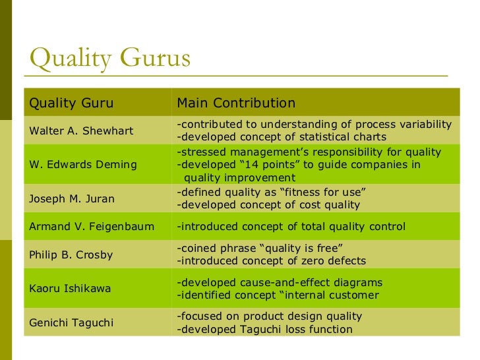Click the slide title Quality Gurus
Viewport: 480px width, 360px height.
(110, 59)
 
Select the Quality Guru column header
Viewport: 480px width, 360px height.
(71, 103)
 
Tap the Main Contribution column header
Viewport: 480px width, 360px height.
(236, 103)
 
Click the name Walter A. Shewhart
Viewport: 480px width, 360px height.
(81, 131)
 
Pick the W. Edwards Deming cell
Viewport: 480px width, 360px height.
(83, 164)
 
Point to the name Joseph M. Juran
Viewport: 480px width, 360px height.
(72, 198)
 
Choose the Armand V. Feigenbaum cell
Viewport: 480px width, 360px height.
(92, 227)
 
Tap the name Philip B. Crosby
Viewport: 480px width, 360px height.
(71, 255)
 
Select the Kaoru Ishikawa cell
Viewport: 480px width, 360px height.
(70, 288)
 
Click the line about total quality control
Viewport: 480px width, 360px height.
(291, 227)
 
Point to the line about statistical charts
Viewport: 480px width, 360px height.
(282, 137)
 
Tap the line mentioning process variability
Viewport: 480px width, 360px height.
(314, 124)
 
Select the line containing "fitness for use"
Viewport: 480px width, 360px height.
(272, 192)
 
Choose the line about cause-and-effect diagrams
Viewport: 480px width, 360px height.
(280, 282)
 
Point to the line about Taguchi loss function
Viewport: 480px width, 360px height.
(264, 329)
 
